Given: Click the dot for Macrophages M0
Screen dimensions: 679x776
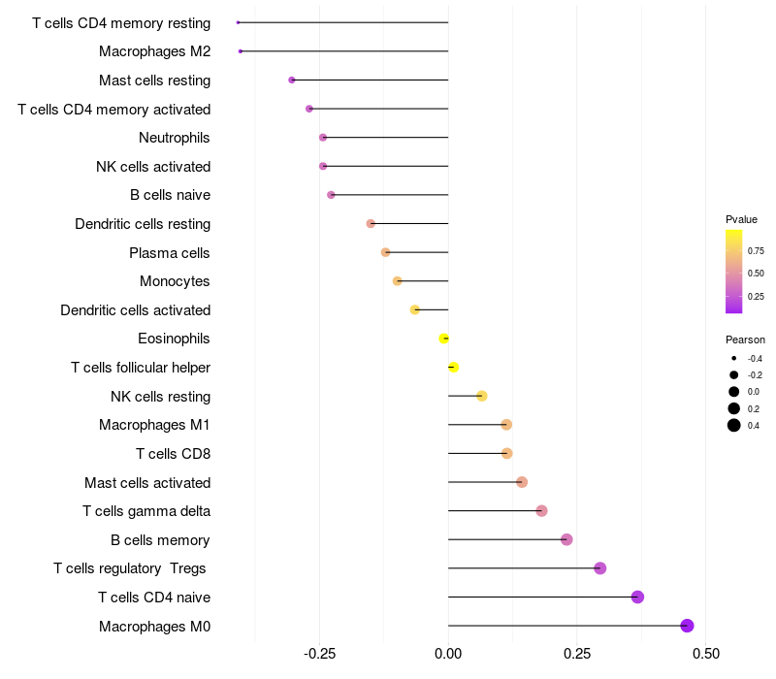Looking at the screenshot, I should pyautogui.click(x=688, y=626).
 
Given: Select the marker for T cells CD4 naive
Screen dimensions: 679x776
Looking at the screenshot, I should pyautogui.click(x=637, y=597).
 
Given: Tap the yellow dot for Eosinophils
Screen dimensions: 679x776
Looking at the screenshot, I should pyautogui.click(x=444, y=339).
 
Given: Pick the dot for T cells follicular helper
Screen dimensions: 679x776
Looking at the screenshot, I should pyautogui.click(x=453, y=367).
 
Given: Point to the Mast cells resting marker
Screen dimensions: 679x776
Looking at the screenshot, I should pyautogui.click(x=292, y=80).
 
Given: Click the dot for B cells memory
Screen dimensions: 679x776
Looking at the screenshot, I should pyautogui.click(x=566, y=539).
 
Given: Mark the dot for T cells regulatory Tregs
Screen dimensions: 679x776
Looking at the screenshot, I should pyautogui.click(x=599, y=568).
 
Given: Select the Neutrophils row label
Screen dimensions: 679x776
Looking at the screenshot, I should pyautogui.click(x=175, y=138).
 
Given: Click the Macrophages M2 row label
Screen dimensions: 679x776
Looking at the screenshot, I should pyautogui.click(x=155, y=51).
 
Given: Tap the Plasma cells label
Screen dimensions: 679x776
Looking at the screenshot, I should pyautogui.click(x=170, y=253).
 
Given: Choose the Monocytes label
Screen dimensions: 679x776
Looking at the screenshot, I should pyautogui.click(x=175, y=281).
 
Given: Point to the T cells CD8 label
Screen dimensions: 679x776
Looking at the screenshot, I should pyautogui.click(x=173, y=454).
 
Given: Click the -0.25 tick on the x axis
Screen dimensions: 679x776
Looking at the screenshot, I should pyautogui.click(x=319, y=653).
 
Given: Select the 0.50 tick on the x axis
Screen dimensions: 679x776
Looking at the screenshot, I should pyautogui.click(x=705, y=653).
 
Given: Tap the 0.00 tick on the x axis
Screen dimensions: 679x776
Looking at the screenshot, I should pyautogui.click(x=448, y=653).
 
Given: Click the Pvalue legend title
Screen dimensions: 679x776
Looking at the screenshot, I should pyautogui.click(x=741, y=219).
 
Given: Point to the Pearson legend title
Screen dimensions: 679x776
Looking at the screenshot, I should pyautogui.click(x=745, y=339).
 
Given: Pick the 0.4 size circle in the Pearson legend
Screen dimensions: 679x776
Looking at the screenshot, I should pyautogui.click(x=734, y=425).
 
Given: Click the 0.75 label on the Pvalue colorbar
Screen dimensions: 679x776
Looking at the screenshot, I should pyautogui.click(x=756, y=250).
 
